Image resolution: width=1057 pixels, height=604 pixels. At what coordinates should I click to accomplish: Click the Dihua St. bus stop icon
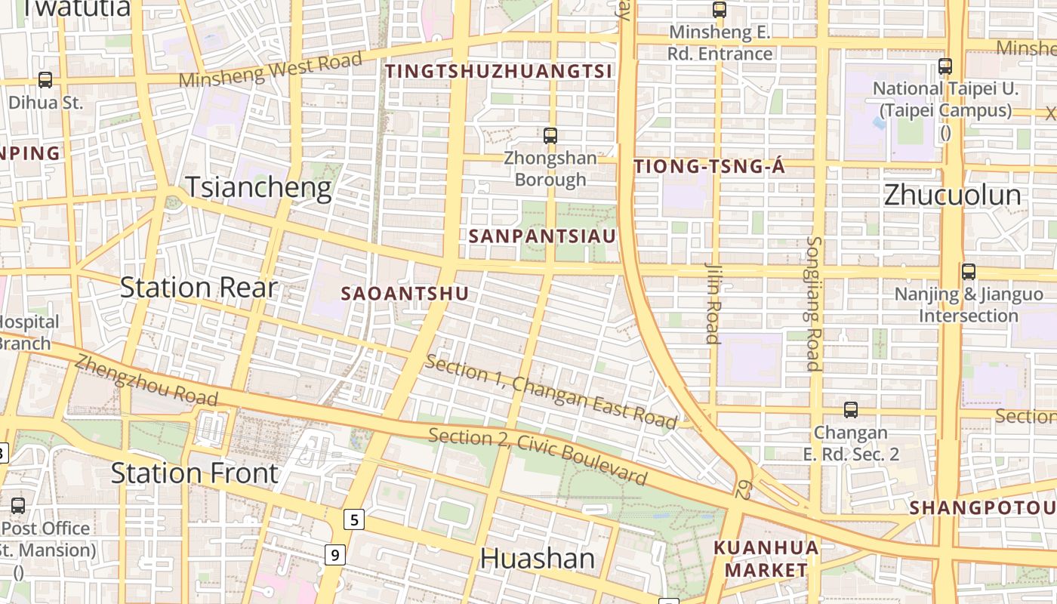pos(45,79)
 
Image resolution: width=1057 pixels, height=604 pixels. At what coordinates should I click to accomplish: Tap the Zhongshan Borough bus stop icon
pos(550,136)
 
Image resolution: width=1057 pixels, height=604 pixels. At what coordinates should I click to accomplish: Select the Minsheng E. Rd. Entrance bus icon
pos(720,10)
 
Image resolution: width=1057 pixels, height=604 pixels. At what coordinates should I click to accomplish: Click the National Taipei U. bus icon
pos(945,66)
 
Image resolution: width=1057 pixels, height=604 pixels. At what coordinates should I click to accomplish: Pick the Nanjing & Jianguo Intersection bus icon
pos(969,272)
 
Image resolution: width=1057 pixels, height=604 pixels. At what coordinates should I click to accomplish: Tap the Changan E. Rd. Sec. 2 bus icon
pos(851,410)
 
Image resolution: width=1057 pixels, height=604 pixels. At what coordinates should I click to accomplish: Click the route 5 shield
pos(354,519)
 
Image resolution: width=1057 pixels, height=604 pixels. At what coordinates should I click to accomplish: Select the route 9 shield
pos(336,556)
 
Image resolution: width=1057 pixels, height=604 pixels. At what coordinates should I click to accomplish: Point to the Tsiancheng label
pos(258,187)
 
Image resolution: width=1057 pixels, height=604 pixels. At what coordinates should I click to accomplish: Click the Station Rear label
pos(199,288)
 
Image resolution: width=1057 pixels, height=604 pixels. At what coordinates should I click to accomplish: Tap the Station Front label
pos(195,473)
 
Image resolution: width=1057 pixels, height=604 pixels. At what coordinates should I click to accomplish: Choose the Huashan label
pos(538,559)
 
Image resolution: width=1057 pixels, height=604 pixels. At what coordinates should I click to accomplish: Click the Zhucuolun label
pos(952,195)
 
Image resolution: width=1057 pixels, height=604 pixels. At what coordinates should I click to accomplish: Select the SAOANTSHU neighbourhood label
pos(405,294)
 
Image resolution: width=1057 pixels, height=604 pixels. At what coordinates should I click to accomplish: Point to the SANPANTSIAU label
pos(542,236)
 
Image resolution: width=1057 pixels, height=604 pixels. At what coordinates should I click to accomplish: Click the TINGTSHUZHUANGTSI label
pos(499,72)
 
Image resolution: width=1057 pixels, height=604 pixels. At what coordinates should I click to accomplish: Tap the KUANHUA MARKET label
pos(766,559)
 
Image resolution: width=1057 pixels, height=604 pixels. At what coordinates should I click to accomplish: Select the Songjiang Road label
pos(813,304)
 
